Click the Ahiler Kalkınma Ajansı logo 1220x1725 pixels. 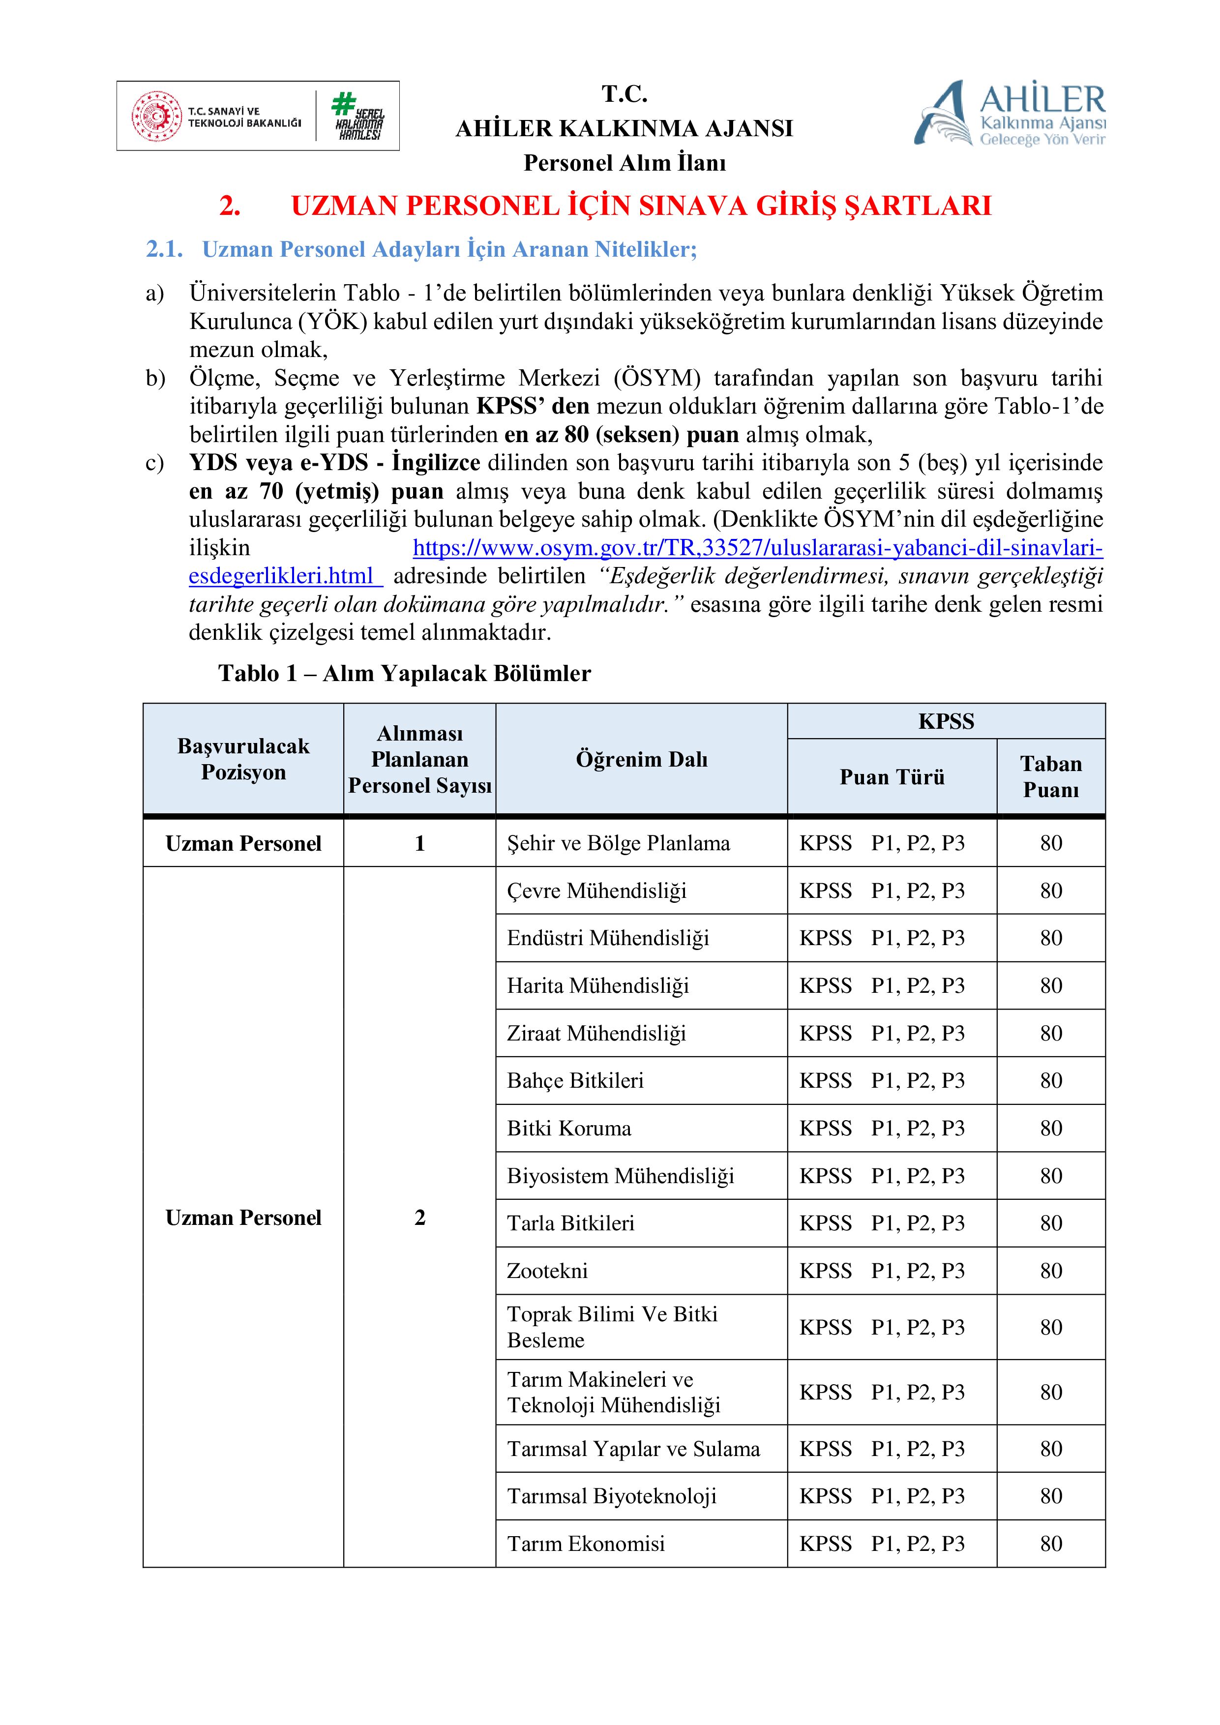pos(1009,114)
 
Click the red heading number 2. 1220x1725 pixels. pos(230,206)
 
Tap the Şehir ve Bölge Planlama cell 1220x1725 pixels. pos(618,843)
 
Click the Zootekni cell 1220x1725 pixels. pos(548,1271)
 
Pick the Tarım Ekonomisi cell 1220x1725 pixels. pos(586,1543)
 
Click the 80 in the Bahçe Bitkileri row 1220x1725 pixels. pos(1050,1080)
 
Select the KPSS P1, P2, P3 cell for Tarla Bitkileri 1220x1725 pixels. pos(882,1223)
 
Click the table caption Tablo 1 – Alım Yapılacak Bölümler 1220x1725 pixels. pos(404,673)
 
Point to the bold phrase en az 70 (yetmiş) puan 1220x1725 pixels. pos(316,491)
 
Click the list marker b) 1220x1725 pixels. pos(155,378)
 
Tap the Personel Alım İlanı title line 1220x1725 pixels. pos(625,162)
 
